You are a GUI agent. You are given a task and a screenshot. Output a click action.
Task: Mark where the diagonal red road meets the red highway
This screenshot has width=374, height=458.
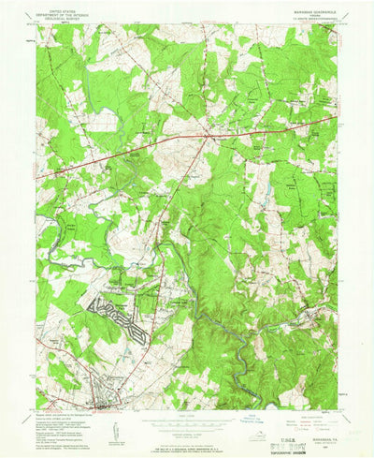point(207,138)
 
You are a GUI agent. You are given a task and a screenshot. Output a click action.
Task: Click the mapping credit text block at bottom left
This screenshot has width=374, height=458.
point(65,422)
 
